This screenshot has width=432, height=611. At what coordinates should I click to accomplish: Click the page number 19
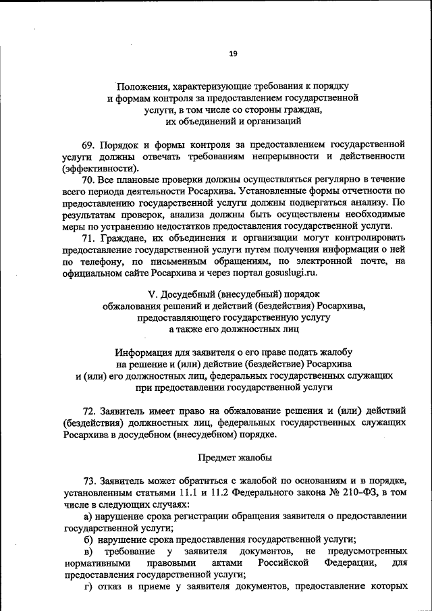pyautogui.click(x=232, y=54)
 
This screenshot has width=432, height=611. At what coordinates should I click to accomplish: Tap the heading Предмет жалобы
pyautogui.click(x=235, y=457)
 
